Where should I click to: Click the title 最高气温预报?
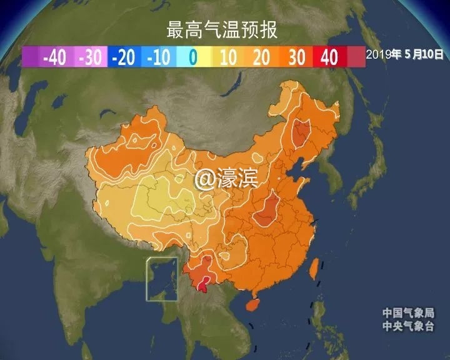click(x=222, y=29)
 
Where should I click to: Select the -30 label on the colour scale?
click(x=91, y=58)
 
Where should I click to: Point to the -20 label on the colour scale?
click(x=123, y=58)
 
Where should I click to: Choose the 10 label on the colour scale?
click(x=227, y=58)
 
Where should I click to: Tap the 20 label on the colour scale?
click(x=262, y=58)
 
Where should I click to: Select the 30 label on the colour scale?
click(x=296, y=58)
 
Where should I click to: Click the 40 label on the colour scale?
click(x=329, y=58)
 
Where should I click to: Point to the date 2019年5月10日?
click(x=405, y=55)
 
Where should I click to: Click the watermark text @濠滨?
click(x=226, y=179)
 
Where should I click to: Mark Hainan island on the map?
click(x=252, y=306)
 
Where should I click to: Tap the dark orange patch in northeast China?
click(x=302, y=132)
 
